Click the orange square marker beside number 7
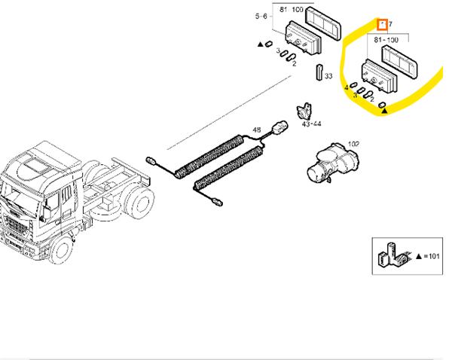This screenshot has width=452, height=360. point(383,25)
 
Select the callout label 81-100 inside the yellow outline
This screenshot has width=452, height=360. point(386,37)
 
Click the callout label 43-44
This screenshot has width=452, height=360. point(311,124)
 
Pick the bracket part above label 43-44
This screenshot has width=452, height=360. point(305,109)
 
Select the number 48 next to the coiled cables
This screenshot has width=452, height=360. point(258,131)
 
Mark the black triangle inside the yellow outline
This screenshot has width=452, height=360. point(384,110)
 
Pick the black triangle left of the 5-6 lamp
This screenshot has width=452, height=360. point(260,45)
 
